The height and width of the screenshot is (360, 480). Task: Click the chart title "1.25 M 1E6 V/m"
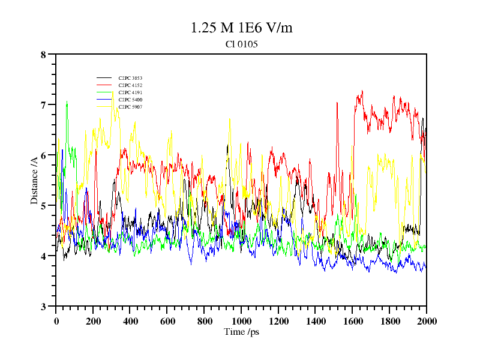tap(241, 28)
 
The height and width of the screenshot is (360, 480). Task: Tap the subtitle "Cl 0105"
tap(241, 44)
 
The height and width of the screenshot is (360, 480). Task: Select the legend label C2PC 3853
tap(130, 79)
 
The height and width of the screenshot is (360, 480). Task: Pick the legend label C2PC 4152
tap(130, 86)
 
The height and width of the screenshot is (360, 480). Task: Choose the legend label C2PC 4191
tap(130, 93)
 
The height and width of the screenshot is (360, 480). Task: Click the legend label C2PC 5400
tap(130, 100)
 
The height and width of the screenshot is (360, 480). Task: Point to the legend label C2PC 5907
tap(130, 107)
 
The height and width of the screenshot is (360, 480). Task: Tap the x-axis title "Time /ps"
tap(241, 332)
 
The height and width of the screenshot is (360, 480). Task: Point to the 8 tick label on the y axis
tap(43, 55)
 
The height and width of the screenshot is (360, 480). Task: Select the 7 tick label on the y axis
tap(43, 105)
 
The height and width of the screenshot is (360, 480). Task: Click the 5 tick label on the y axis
tap(43, 206)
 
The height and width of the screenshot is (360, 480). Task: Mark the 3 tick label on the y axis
tap(43, 307)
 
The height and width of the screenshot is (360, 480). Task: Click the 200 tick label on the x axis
tap(93, 321)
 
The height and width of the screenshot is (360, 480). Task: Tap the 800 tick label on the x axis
tap(204, 321)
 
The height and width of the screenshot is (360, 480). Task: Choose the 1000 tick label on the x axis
tap(241, 321)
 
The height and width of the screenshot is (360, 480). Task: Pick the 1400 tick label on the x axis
tap(316, 321)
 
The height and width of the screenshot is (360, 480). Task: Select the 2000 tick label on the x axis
tap(427, 321)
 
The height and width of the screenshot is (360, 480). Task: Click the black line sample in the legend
tap(104, 79)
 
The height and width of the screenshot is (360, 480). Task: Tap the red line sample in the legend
tap(104, 86)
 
